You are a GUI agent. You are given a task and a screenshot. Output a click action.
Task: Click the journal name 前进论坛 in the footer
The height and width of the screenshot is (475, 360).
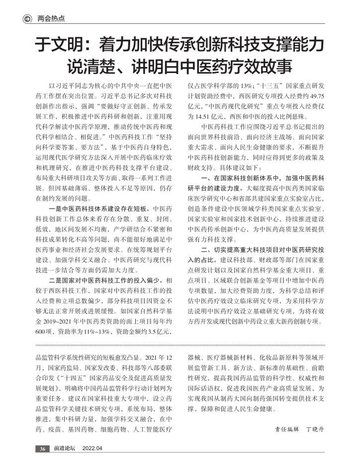65,449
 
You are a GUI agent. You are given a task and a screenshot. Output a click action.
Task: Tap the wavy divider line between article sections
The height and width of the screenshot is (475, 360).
180,345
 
